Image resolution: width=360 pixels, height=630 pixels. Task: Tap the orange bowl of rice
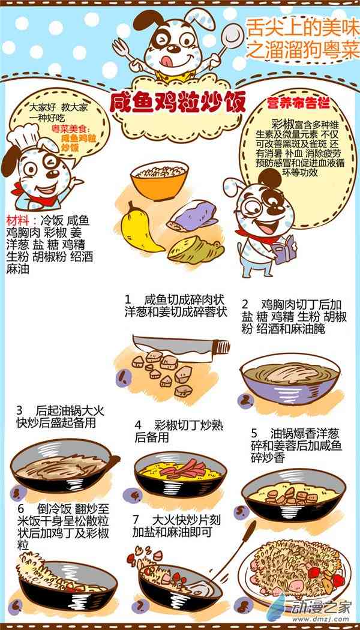160,180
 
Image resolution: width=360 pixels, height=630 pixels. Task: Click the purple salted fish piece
193,217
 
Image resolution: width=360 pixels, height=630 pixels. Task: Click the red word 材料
18,221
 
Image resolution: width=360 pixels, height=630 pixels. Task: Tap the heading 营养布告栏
299,103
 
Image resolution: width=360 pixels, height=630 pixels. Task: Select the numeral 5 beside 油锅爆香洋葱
254,434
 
